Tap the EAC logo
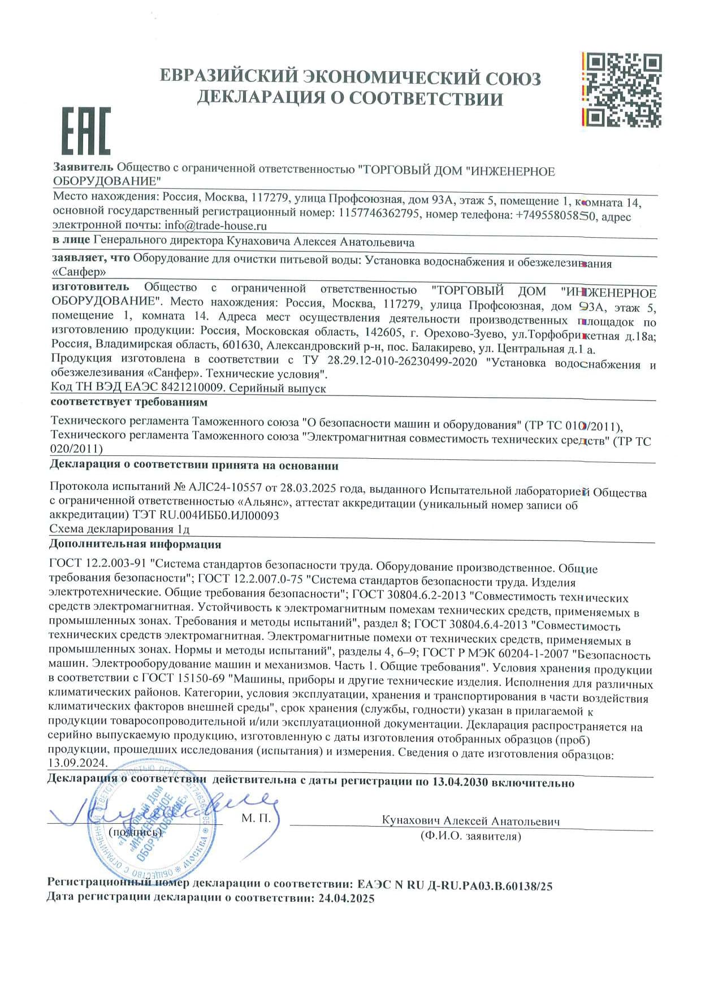[x=86, y=131]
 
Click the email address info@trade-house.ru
[x=215, y=225]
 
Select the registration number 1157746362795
[x=379, y=214]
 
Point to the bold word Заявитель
[x=83, y=167]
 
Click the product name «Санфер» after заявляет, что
[x=79, y=272]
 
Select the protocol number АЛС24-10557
[x=226, y=487]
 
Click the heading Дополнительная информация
[x=135, y=544]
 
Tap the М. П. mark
[x=256, y=818]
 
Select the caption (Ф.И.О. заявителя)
[x=470, y=836]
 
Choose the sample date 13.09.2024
[x=77, y=763]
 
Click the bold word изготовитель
[x=90, y=287]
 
